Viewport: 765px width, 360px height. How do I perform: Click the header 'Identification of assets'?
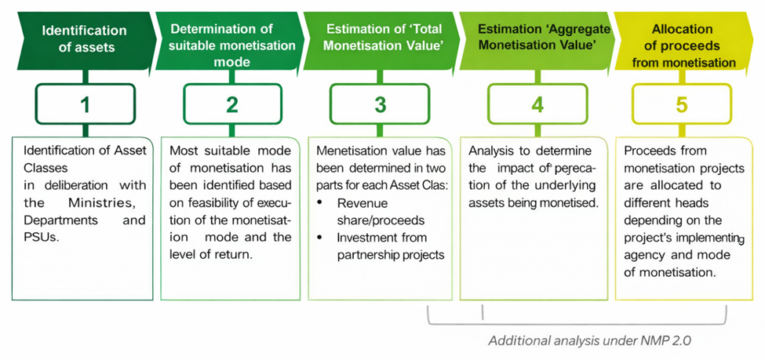pos(84,38)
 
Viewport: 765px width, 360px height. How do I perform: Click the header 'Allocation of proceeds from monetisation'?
pos(680,45)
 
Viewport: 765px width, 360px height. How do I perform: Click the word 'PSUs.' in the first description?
pos(40,238)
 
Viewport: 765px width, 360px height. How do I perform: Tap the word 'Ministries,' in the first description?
pos(110,204)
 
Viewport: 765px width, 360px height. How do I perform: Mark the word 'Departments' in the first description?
pos(61,221)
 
